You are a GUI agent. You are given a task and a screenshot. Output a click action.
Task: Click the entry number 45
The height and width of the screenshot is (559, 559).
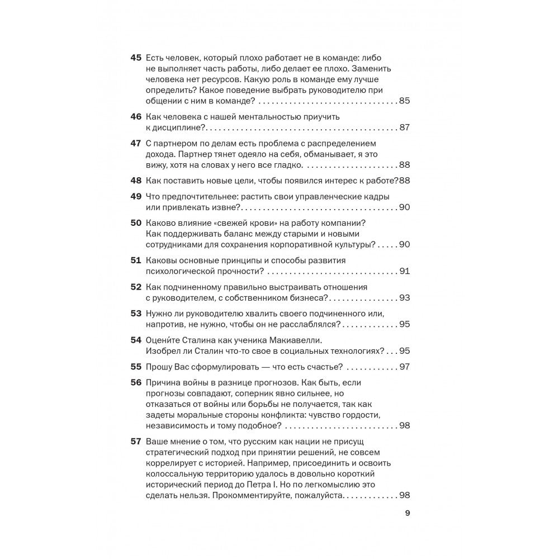click(136, 58)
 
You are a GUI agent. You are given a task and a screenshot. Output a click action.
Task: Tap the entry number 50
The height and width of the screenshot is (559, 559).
click(136, 222)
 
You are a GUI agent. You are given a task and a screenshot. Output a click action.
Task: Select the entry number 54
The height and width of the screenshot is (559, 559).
click(136, 340)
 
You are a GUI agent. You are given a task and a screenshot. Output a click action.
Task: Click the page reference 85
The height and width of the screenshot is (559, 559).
click(405, 101)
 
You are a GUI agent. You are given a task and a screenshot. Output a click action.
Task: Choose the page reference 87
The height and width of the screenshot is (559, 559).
click(405, 127)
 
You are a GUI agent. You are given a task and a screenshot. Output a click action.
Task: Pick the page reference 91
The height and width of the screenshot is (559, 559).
click(405, 271)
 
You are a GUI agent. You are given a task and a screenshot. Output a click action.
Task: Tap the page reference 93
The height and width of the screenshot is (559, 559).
click(405, 297)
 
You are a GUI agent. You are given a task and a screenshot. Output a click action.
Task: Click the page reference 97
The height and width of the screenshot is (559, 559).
click(405, 367)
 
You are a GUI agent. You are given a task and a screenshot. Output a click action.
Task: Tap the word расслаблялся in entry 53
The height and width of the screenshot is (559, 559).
click(307, 324)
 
